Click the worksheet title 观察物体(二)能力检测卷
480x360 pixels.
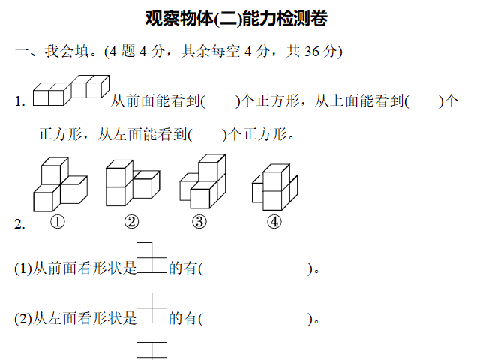click(236, 18)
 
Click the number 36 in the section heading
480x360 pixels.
click(312, 52)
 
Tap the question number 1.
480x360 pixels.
click(20, 102)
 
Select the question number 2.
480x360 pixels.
click(19, 225)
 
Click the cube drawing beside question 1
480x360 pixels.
click(71, 90)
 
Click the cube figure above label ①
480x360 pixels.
click(60, 184)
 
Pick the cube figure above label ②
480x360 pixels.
click(133, 183)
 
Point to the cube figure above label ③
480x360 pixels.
click(202, 181)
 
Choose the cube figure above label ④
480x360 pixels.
click(275, 187)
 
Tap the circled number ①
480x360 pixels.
click(58, 222)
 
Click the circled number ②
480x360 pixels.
click(132, 222)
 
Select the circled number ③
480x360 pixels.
click(199, 222)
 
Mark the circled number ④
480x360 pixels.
click(274, 222)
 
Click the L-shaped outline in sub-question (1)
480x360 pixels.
click(144, 265)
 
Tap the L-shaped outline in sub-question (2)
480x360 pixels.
click(144, 315)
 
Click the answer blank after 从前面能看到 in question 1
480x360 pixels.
click(220, 101)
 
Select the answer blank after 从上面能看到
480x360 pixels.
click(424, 101)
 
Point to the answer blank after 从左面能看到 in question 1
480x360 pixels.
click(208, 135)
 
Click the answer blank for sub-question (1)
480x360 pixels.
click(256, 268)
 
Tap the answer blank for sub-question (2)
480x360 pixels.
click(256, 319)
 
